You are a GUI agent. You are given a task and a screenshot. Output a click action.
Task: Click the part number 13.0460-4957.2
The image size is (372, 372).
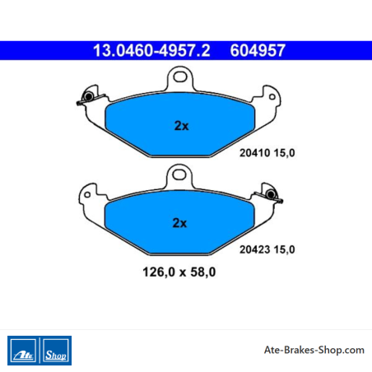click(x=151, y=50)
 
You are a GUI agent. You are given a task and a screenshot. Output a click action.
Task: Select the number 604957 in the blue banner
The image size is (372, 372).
click(x=258, y=50)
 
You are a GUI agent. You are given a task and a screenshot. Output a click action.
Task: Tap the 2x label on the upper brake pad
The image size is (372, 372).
click(x=182, y=126)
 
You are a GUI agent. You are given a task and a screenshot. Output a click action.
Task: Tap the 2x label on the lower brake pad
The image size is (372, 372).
click(x=179, y=223)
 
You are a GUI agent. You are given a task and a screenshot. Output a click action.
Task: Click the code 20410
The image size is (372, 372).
click(x=255, y=153)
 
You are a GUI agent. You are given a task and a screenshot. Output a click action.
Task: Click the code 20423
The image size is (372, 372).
click(x=255, y=249)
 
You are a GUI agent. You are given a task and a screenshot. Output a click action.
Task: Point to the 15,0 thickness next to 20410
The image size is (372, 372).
click(x=284, y=153)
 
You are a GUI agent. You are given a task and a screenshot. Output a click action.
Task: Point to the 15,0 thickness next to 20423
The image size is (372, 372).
click(x=284, y=250)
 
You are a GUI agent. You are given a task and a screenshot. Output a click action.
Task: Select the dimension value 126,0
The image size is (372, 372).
click(x=159, y=272)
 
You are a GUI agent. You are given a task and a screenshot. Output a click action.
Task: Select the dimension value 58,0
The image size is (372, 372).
click(x=203, y=272)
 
